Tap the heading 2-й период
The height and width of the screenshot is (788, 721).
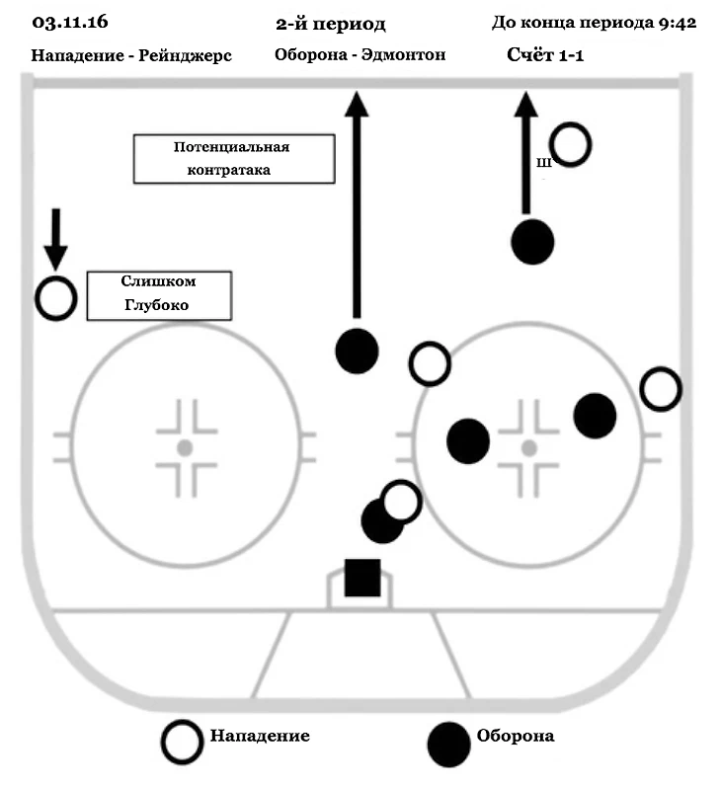[x=331, y=23]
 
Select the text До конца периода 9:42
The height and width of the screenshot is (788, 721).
[x=594, y=23]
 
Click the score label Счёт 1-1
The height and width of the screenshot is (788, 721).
[x=544, y=55]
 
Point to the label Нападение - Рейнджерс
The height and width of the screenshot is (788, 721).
[x=131, y=55]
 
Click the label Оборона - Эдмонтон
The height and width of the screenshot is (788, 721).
[x=360, y=55]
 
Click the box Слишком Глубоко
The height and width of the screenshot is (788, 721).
[x=158, y=295]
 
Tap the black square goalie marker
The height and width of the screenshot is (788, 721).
[x=362, y=578]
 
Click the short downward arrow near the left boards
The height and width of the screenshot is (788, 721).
[x=55, y=238]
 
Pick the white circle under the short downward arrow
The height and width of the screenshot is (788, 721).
[x=55, y=298]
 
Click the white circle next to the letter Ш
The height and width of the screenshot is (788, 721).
[x=570, y=144]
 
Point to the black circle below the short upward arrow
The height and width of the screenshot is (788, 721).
[x=532, y=242]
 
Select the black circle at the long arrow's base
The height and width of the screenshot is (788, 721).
[x=357, y=350]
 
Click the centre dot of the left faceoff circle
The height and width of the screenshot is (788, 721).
[x=184, y=447]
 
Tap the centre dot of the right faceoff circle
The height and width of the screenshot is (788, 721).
[x=529, y=447]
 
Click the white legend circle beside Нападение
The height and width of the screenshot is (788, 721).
[x=184, y=741]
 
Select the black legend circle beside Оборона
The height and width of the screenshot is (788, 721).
[x=447, y=741]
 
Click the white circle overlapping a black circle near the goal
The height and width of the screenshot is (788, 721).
[x=400, y=501]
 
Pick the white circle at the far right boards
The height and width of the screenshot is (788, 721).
[x=660, y=389]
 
